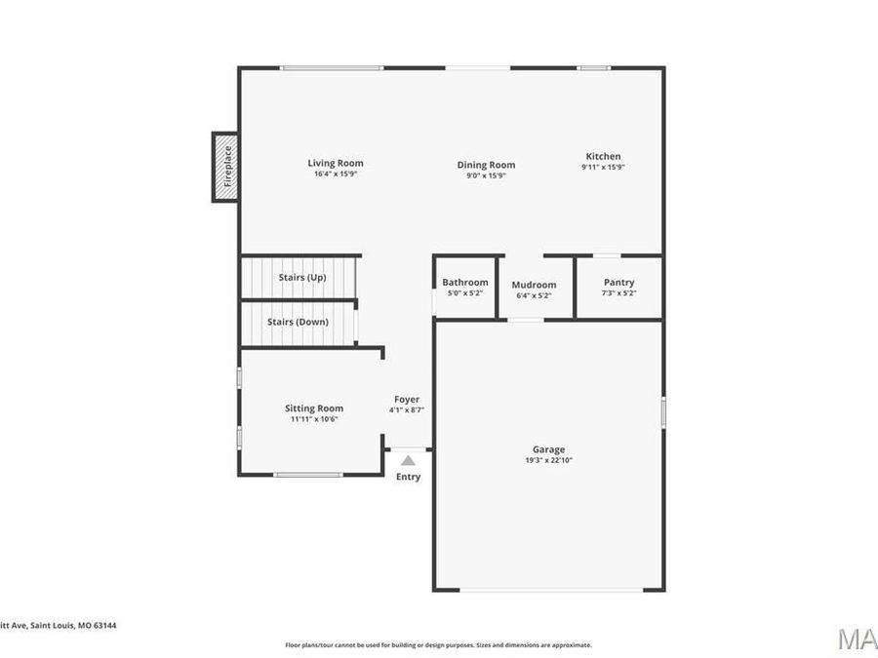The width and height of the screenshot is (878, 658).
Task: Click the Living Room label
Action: pyautogui.click(x=336, y=163)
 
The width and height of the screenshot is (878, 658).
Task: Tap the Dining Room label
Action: pyautogui.click(x=486, y=165)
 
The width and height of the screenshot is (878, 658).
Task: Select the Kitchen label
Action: pyautogui.click(x=603, y=156)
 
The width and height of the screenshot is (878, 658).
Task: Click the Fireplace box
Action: pyautogui.click(x=226, y=167)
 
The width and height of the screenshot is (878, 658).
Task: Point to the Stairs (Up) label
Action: pyautogui.click(x=301, y=277)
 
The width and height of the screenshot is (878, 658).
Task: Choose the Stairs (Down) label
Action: pyautogui.click(x=298, y=322)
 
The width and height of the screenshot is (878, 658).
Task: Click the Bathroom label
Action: pyautogui.click(x=464, y=282)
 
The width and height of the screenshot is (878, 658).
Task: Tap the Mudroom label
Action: pyautogui.click(x=534, y=285)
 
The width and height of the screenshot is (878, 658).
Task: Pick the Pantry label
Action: pyautogui.click(x=619, y=282)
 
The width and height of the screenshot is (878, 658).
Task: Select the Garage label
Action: pyautogui.click(x=548, y=449)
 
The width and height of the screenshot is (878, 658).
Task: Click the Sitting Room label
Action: pyautogui.click(x=314, y=408)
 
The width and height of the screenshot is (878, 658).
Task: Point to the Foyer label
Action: pyautogui.click(x=407, y=399)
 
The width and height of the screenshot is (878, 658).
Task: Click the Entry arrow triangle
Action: pyautogui.click(x=408, y=460)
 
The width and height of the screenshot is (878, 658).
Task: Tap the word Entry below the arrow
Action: pyautogui.click(x=408, y=477)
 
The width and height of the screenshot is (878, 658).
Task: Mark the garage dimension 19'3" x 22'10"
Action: pyautogui.click(x=548, y=460)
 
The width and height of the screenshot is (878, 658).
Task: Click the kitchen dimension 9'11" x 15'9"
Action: pyautogui.click(x=603, y=167)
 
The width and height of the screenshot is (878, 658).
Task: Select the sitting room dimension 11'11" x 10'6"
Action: pyautogui.click(x=314, y=419)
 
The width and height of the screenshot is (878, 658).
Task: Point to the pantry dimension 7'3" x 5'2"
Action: pyautogui.click(x=619, y=292)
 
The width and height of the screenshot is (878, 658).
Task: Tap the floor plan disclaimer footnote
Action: pyautogui.click(x=438, y=644)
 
